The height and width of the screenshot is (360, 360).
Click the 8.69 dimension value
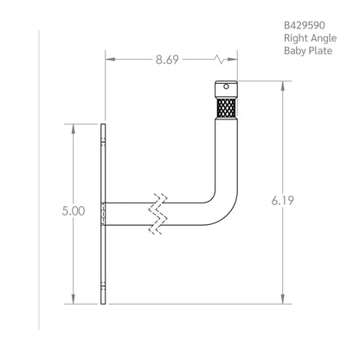167,60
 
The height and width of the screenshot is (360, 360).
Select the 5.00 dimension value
74,211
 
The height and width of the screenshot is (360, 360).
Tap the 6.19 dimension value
282,201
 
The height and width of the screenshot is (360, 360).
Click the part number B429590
305,25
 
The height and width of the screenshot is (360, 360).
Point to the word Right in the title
293,38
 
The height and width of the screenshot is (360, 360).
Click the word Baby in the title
295,51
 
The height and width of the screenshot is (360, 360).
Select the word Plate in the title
320,51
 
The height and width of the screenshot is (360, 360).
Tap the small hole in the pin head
227,87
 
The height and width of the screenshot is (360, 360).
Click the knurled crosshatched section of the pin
227,108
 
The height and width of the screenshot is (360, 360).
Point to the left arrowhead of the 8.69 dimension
110,60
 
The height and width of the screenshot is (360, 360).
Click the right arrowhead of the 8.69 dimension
233,60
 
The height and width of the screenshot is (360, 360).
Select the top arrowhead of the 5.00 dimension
74,129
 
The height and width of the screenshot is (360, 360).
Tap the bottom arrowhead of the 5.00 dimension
74,299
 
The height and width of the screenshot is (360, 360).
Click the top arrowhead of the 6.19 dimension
283,86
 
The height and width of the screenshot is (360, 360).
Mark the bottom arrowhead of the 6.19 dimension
283,299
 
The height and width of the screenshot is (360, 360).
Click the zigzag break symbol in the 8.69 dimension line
220,60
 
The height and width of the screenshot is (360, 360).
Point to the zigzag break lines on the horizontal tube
157,214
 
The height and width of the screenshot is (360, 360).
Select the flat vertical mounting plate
103,214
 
